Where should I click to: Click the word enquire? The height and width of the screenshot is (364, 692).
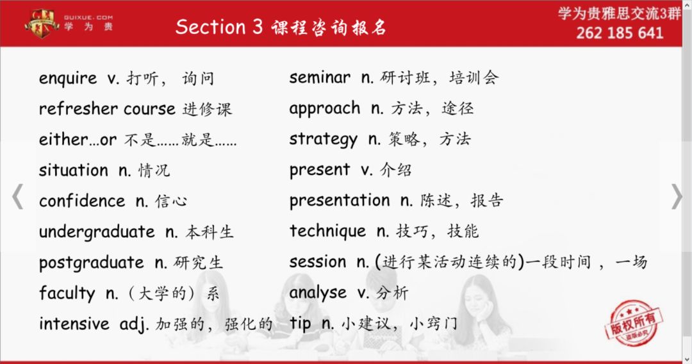pyautogui.click(x=67, y=79)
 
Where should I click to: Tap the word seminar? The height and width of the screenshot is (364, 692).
pyautogui.click(x=320, y=78)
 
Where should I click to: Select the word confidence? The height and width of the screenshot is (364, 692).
pyautogui.click(x=82, y=201)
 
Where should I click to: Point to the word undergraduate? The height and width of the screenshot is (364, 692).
pyautogui.click(x=97, y=232)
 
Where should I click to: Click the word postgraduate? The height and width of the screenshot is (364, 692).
pyautogui.click(x=92, y=263)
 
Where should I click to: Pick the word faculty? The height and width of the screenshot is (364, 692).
pyautogui.click(x=67, y=294)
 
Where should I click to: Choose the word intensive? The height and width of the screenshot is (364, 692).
pyautogui.click(x=74, y=324)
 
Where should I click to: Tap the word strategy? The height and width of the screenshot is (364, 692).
pyautogui.click(x=324, y=140)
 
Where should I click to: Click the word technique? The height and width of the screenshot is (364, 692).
pyautogui.click(x=328, y=231)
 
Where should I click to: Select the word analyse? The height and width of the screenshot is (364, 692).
pyautogui.click(x=318, y=293)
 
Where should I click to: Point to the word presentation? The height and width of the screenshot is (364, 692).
pyautogui.click(x=340, y=201)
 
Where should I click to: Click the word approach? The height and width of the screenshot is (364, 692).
pyautogui.click(x=325, y=109)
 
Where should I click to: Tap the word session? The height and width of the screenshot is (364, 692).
pyautogui.click(x=318, y=261)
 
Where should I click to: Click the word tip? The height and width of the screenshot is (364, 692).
pyautogui.click(x=301, y=324)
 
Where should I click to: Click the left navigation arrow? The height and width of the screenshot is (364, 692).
pyautogui.click(x=18, y=196)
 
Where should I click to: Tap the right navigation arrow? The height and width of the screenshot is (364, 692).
pyautogui.click(x=677, y=196)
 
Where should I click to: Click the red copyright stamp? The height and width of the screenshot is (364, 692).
pyautogui.click(x=634, y=324)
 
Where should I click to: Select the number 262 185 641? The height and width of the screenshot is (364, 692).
pyautogui.click(x=620, y=33)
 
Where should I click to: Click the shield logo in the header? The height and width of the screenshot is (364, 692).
pyautogui.click(x=42, y=23)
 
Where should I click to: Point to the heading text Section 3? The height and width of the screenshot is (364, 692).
pyautogui.click(x=219, y=27)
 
